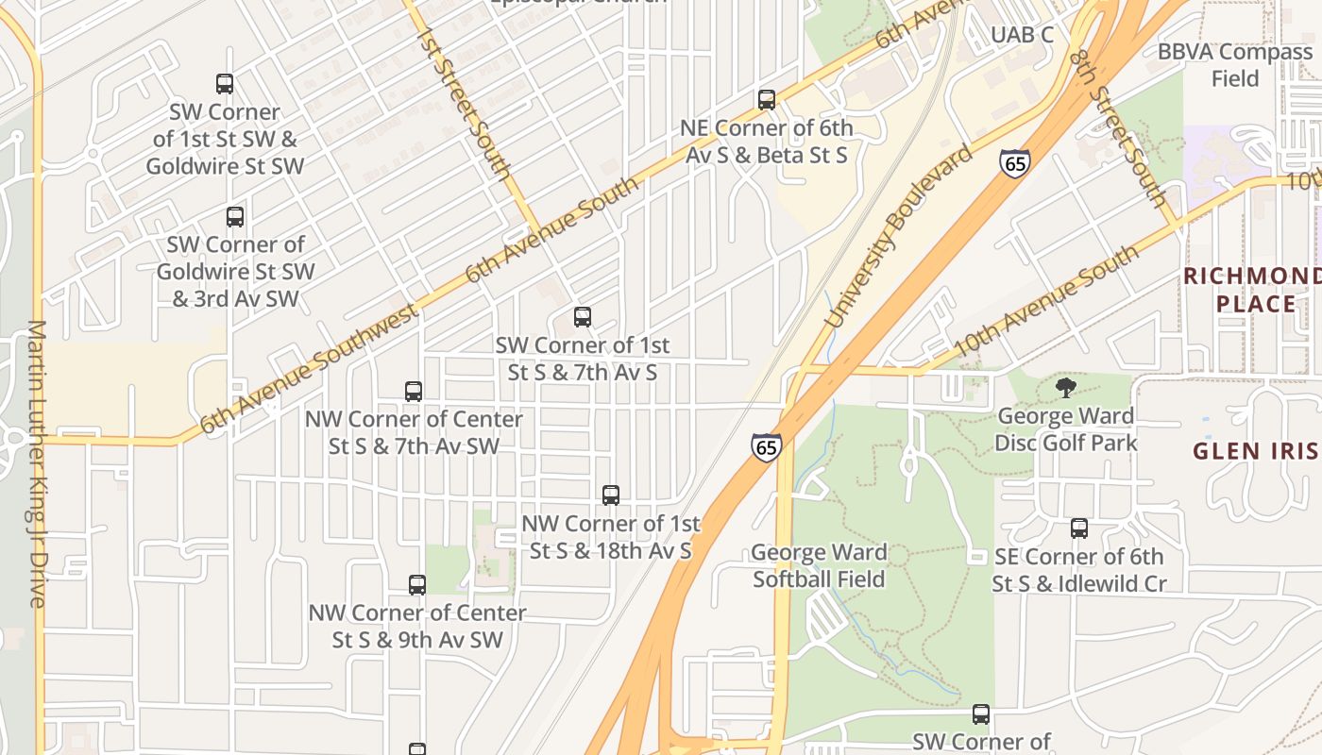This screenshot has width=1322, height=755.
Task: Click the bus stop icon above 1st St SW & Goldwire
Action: click(225, 84)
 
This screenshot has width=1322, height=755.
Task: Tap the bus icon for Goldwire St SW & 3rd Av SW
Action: click(235, 217)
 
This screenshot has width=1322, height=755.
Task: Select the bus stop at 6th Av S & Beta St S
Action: click(767, 99)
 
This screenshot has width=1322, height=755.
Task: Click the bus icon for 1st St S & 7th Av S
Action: click(583, 317)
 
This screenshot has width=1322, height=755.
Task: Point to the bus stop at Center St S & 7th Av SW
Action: click(414, 391)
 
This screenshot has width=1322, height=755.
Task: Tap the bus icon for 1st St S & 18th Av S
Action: click(611, 495)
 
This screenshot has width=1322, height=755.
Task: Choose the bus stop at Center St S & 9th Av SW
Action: click(417, 585)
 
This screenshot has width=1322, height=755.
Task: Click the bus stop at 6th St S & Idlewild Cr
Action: click(1079, 528)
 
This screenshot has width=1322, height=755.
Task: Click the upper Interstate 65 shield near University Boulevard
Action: click(1015, 163)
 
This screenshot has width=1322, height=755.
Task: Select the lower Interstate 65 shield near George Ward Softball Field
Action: click(767, 447)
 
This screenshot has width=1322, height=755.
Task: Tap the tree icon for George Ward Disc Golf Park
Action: click(1066, 387)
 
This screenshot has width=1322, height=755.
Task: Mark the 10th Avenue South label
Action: click(1045, 302)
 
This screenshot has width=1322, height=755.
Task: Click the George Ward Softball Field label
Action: click(819, 565)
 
